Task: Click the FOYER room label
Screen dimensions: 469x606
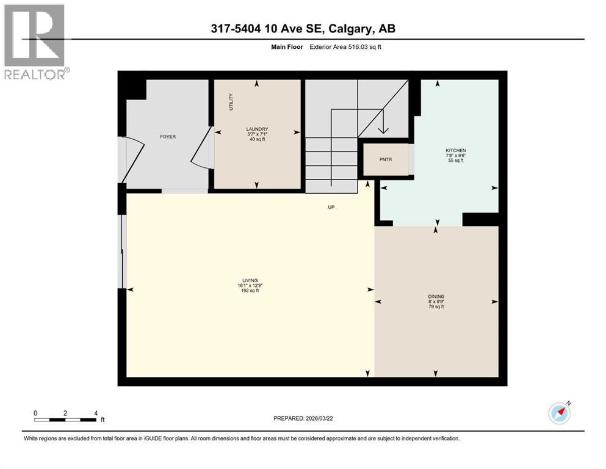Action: click(168, 137)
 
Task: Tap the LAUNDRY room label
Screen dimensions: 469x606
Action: click(257, 129)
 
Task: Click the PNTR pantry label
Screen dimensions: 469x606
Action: click(385, 160)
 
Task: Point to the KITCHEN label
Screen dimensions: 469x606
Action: click(455, 150)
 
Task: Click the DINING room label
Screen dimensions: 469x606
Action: click(435, 296)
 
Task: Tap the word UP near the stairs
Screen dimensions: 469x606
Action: click(331, 207)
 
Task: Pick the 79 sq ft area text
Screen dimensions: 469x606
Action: click(435, 307)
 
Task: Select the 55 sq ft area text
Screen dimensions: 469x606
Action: click(455, 161)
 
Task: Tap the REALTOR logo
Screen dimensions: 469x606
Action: click(35, 42)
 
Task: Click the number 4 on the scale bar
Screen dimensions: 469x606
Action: click(96, 413)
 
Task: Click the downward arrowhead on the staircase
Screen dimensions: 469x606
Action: click(383, 129)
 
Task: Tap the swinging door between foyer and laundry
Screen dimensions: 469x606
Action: click(201, 147)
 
